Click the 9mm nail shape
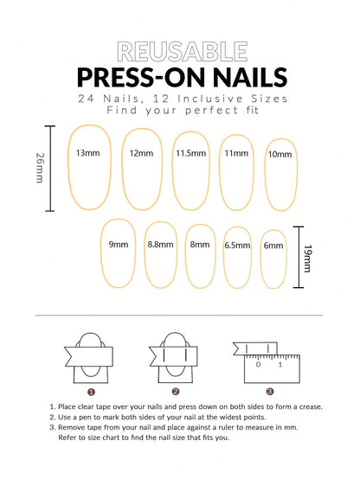coord(119,252)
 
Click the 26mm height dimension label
coord(39,169)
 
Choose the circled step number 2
coord(176,391)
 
